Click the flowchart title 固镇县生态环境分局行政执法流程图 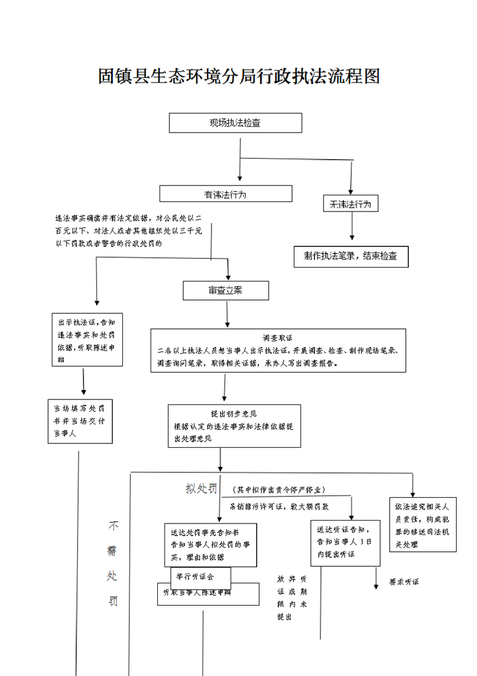pos(238,77)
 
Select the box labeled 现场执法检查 pos(235,123)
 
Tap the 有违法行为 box pos(225,194)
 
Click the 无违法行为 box pos(350,204)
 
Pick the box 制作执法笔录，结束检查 pos(351,256)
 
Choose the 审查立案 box pos(225,290)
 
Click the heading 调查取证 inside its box pos(278,337)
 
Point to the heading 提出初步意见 pos(234,414)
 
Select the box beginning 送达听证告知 pos(345,542)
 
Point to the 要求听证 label pos(404,582)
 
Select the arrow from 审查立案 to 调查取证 pos(226,313)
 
